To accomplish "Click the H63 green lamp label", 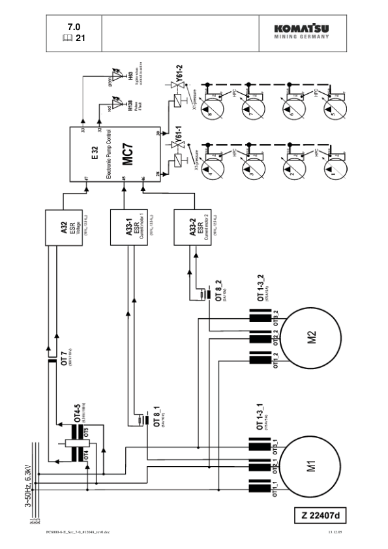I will click(x=130, y=77).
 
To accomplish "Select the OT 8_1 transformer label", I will click(x=155, y=414).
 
